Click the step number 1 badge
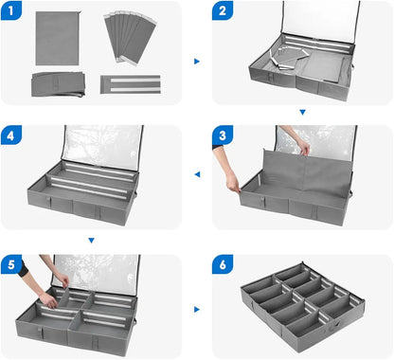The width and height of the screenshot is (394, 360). [x=11, y=10]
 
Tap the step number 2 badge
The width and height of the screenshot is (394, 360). [x=223, y=10]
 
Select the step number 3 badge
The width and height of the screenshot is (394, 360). [x=223, y=135]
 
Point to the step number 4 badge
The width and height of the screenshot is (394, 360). [x=11, y=135]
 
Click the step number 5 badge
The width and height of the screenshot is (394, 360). [x=11, y=264]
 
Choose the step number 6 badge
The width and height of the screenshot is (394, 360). [x=223, y=264]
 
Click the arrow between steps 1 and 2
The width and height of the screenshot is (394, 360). [x=197, y=62]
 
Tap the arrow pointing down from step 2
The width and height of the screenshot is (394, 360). [x=302, y=112]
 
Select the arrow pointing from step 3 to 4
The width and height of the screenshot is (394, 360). [x=197, y=174]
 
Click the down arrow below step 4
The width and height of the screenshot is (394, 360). [x=92, y=241]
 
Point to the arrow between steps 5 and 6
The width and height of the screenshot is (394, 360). [x=197, y=310]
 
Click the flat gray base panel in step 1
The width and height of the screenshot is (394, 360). [x=58, y=38]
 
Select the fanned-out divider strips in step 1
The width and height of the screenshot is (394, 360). [x=130, y=37]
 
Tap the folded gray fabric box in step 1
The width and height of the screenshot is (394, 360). [x=59, y=84]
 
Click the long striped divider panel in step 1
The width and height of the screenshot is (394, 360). [x=131, y=84]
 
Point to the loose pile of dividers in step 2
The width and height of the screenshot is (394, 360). [x=289, y=58]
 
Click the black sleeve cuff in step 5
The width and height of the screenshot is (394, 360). [x=23, y=269]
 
